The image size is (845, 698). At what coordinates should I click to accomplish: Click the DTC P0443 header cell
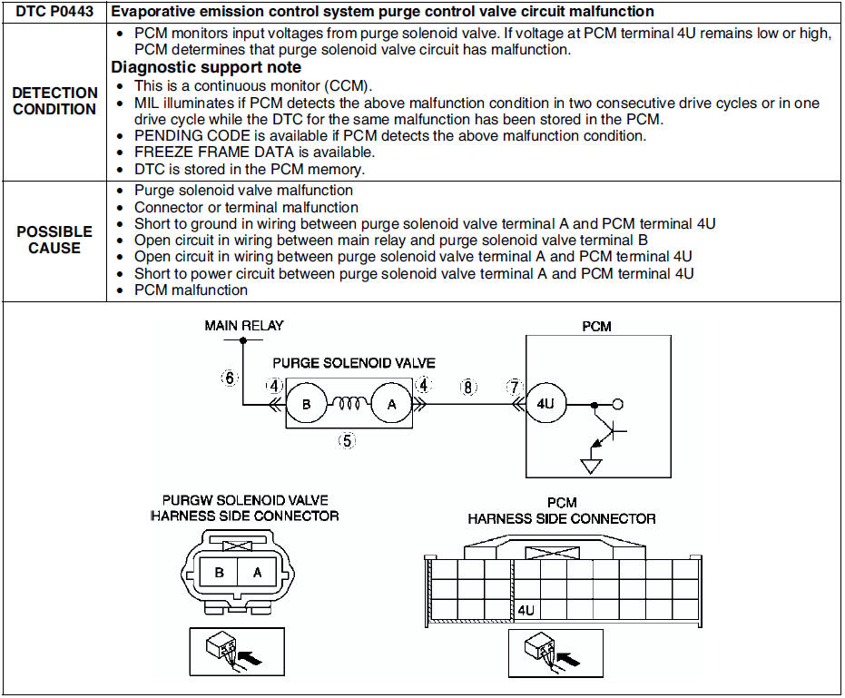(x=53, y=12)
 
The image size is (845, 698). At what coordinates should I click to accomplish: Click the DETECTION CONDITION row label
(x=54, y=101)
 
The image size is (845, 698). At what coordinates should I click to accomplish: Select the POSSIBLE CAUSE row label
(x=54, y=240)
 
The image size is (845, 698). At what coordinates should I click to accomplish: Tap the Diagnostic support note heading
(x=206, y=67)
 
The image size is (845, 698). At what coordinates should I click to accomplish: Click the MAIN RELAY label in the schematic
(x=244, y=326)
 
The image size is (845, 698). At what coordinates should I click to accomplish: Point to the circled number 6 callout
(x=231, y=378)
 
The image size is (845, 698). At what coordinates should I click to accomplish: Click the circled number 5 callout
(x=347, y=441)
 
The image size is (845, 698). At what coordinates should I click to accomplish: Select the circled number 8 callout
(x=468, y=387)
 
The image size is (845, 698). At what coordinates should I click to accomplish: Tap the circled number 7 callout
(x=515, y=387)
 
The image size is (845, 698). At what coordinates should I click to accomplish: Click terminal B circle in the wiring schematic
(x=307, y=406)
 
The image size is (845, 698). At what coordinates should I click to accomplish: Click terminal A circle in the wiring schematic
(x=392, y=406)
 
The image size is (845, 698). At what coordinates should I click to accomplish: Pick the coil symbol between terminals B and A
(x=349, y=405)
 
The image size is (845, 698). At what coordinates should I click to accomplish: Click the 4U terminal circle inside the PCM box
(x=545, y=406)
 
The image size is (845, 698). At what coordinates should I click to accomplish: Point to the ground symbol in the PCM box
(x=592, y=466)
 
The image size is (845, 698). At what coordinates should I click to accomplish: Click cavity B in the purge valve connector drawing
(x=220, y=573)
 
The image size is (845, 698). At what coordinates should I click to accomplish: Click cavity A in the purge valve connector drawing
(x=257, y=573)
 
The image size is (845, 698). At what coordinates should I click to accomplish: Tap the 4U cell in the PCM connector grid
(x=526, y=610)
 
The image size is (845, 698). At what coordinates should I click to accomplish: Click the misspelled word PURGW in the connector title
(x=187, y=500)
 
